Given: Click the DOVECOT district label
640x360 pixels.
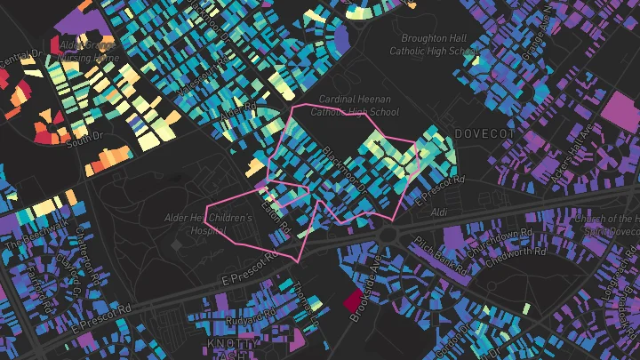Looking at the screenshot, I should [485, 132].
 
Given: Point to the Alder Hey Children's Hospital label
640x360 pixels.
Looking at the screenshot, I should [209, 223].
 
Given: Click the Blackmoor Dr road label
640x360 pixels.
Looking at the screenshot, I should [343, 166].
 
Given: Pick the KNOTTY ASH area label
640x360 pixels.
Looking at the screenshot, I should [234, 348].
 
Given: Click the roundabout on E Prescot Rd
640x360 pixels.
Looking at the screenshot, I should [388, 233].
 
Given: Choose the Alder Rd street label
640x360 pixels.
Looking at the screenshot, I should [237, 116].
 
